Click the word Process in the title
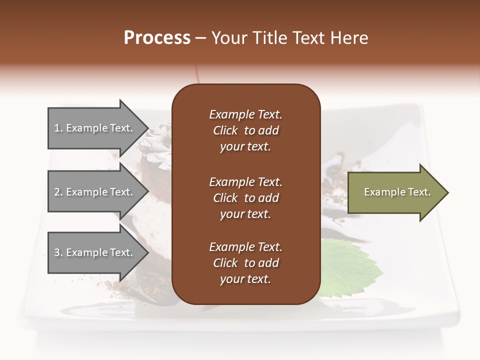click(157, 38)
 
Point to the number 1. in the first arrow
click(58, 128)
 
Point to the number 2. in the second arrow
click(58, 192)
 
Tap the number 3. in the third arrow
click(58, 252)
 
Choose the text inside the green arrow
click(397, 192)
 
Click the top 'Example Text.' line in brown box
click(245, 114)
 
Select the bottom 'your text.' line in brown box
click(245, 279)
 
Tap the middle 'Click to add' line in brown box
click(245, 198)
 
